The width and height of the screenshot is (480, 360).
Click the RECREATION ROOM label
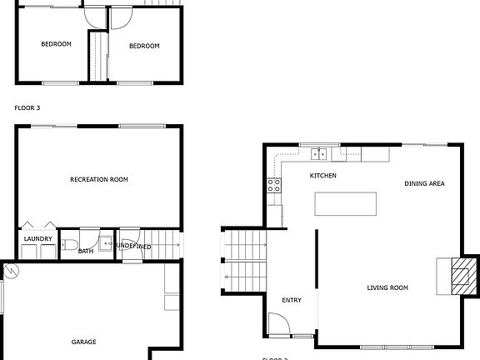coord(99,179)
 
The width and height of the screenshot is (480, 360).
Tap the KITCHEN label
coord(322,176)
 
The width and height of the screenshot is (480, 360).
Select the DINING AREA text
coord(423,183)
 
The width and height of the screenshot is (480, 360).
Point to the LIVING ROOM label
coord(387,288)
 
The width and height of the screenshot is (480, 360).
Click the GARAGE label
coord(83,342)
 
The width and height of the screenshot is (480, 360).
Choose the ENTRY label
coord(292,301)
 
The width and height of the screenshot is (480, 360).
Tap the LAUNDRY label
coord(38,239)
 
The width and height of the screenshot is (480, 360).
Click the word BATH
coord(86,250)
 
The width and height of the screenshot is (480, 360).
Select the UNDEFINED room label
coord(133,246)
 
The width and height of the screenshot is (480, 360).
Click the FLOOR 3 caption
coord(27,107)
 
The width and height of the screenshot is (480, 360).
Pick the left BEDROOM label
coord(57,45)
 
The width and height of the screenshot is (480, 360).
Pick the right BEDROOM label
coord(144,46)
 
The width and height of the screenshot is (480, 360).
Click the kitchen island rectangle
coord(345,204)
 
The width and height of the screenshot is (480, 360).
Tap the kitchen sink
coord(318,153)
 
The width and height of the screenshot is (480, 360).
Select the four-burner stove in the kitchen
coord(273,186)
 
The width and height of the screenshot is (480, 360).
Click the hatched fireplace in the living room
coord(461,274)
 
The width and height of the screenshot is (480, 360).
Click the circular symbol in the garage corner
coord(11,270)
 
